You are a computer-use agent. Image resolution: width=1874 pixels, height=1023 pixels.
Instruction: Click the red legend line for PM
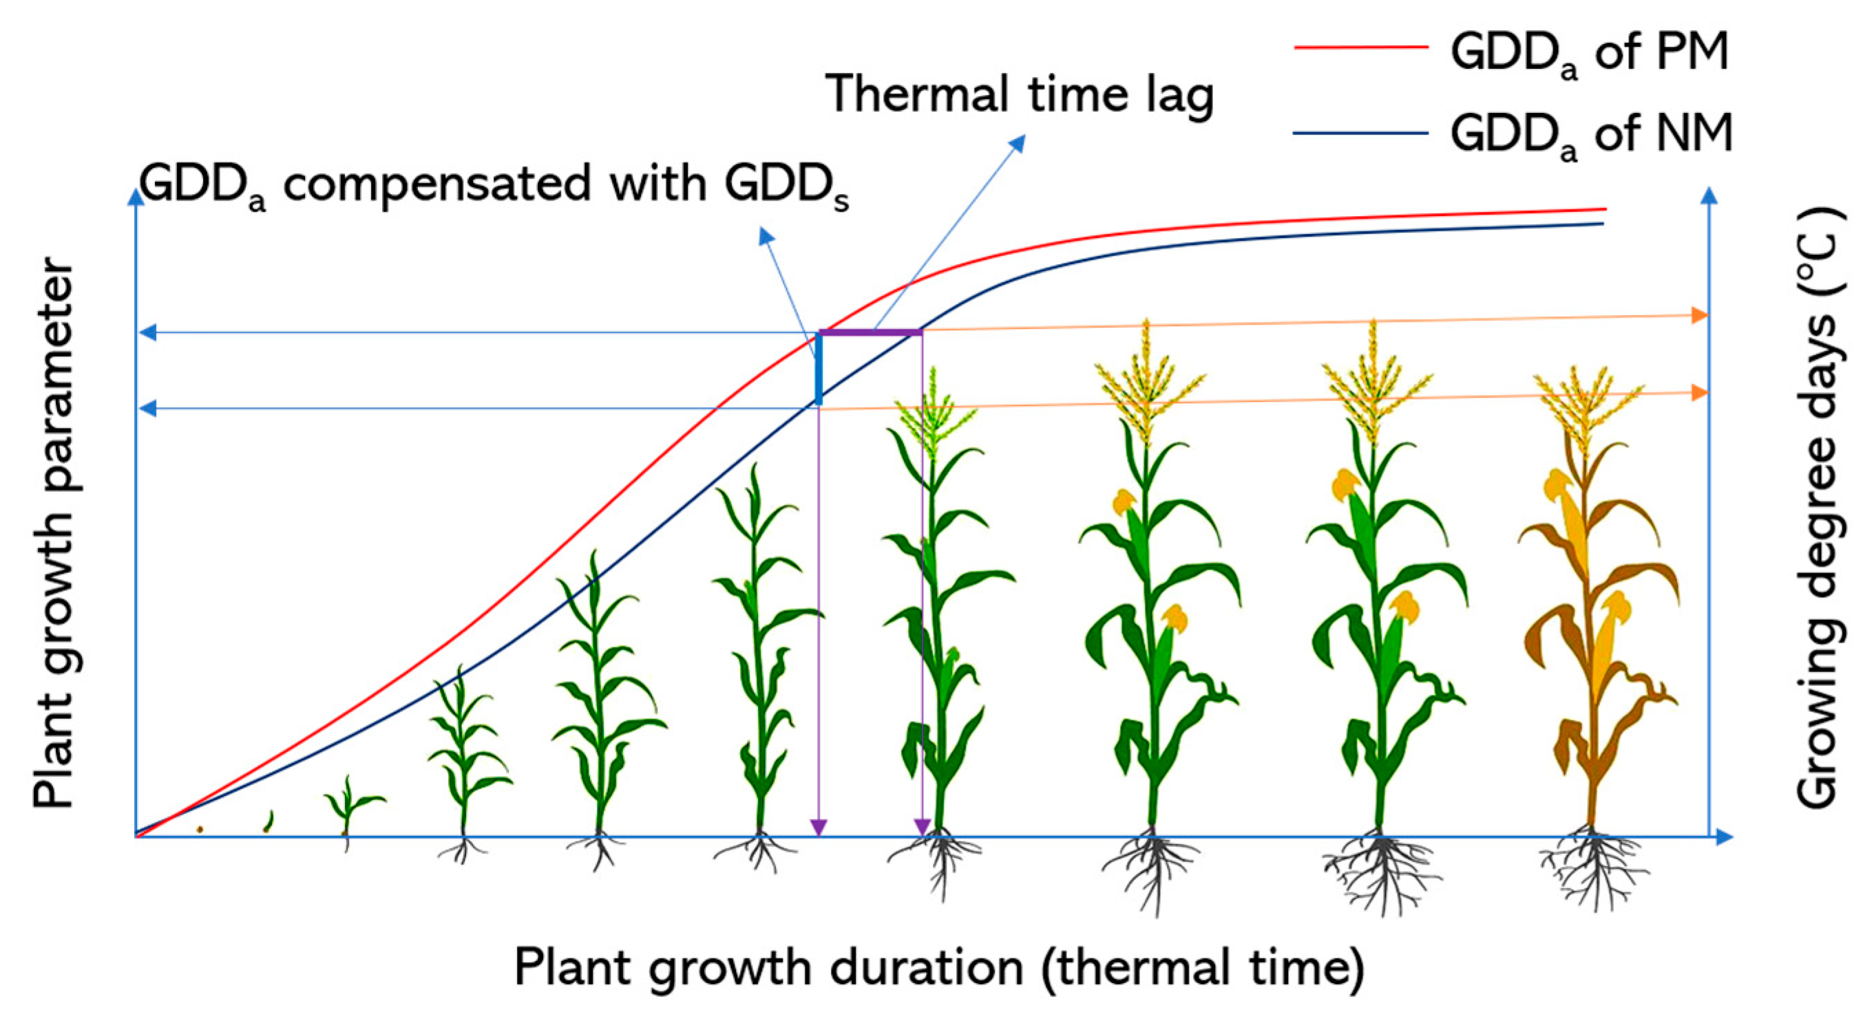(x=1360, y=47)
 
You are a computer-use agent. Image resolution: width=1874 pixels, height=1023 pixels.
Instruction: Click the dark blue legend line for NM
(x=1360, y=133)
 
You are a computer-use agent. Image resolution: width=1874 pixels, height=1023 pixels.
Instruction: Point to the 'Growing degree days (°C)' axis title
(x=1820, y=509)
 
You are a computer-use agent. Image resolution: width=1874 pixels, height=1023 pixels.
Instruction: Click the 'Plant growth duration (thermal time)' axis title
(x=938, y=967)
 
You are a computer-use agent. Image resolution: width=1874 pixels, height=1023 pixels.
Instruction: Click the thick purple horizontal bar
(x=871, y=332)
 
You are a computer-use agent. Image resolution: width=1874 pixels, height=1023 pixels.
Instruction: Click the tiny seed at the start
(x=200, y=829)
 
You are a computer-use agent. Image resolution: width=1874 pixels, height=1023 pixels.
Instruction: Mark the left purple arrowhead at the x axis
(x=819, y=828)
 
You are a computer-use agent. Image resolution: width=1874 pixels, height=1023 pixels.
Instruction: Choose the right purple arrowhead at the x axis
(x=923, y=828)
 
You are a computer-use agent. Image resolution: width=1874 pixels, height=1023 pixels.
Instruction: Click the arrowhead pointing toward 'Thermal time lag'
(x=1018, y=142)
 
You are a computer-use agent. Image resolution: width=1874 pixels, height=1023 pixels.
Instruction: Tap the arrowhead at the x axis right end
(x=1724, y=837)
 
